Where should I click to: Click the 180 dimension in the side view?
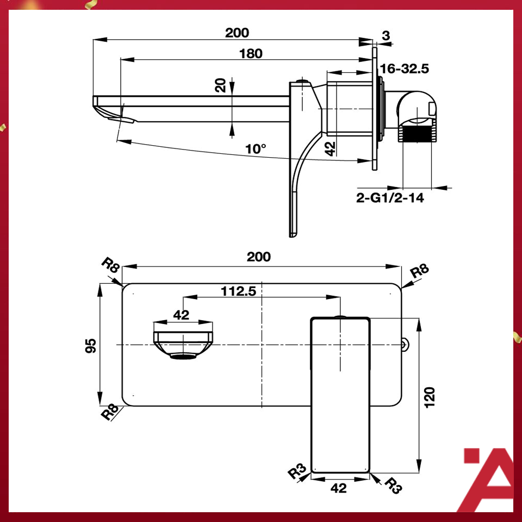(x=250, y=53)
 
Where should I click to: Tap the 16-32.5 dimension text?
(x=405, y=69)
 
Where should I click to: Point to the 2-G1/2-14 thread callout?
(x=390, y=198)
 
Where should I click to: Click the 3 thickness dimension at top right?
(x=386, y=36)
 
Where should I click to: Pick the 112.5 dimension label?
(x=238, y=291)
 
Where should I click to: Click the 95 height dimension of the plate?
(x=91, y=345)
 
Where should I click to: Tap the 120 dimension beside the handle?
(x=430, y=397)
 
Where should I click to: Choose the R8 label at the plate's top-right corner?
(x=419, y=271)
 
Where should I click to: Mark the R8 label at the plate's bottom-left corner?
(x=110, y=413)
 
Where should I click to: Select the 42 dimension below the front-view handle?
(x=338, y=488)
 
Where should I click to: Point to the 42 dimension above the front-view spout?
(x=181, y=314)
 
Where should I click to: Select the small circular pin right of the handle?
(x=405, y=343)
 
